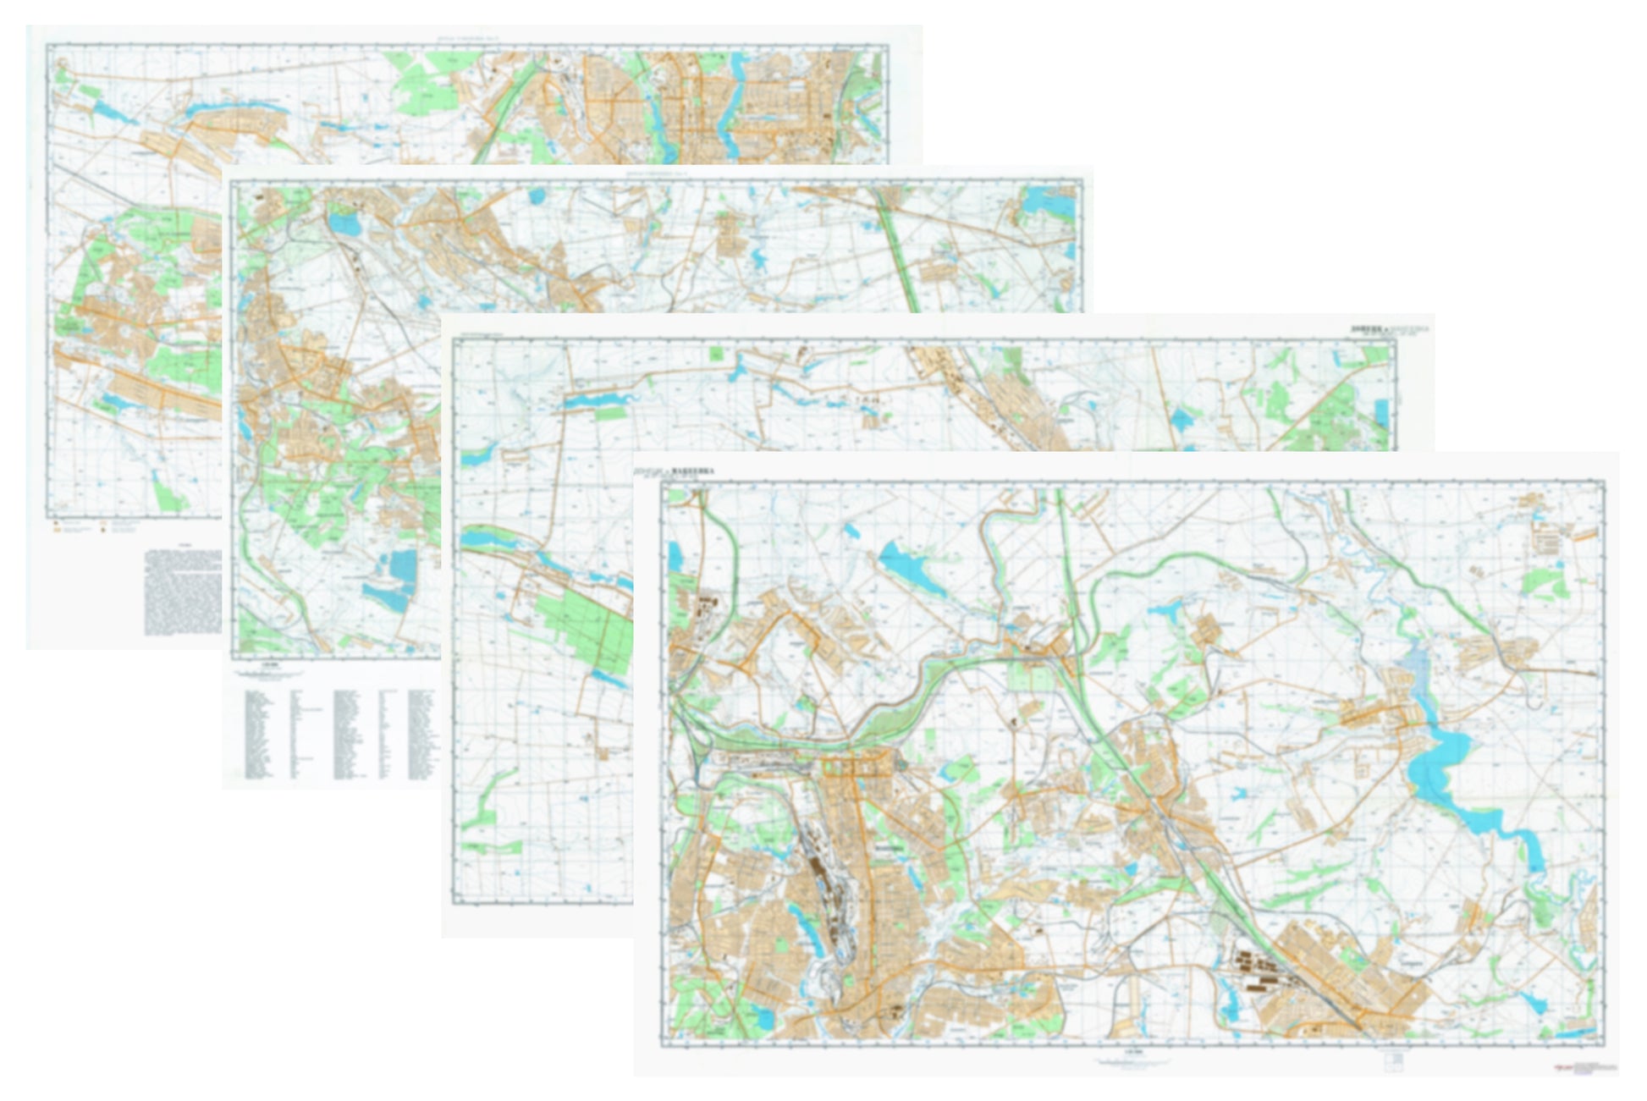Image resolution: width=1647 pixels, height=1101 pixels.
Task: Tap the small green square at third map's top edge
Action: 718,353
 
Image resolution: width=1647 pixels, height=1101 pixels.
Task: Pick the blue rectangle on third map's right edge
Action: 1382,413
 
